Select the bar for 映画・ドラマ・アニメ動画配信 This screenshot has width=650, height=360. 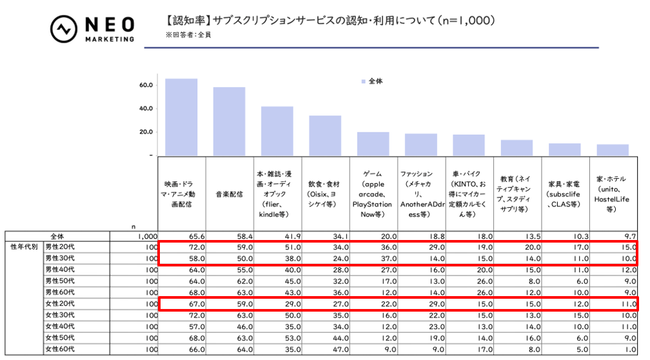181,117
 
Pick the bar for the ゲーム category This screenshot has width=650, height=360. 373,143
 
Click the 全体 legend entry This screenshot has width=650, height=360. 372,81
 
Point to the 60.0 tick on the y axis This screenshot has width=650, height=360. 145,85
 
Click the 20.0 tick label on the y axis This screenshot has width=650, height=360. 145,132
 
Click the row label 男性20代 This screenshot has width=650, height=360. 60,247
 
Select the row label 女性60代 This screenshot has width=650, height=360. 60,349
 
